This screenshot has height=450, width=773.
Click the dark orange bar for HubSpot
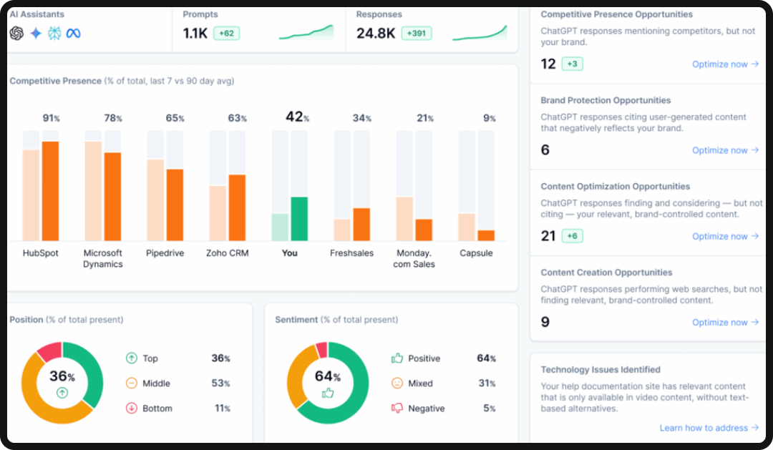[50, 191]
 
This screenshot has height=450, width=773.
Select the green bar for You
[299, 219]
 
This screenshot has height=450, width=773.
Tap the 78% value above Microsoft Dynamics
[113, 118]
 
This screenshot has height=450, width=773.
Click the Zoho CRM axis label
[227, 253]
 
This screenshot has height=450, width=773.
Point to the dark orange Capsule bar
[486, 235]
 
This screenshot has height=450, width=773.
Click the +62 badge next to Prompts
[225, 34]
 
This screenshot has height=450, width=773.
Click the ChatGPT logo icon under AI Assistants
[17, 34]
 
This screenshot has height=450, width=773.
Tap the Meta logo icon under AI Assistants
[73, 34]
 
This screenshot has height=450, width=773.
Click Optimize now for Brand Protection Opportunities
[724, 150]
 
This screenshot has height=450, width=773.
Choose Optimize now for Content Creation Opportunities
[724, 323]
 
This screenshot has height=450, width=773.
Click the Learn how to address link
[709, 428]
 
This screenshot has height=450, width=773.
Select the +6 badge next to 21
[572, 236]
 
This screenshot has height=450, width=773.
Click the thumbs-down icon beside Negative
[397, 409]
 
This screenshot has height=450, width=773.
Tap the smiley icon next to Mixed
[397, 383]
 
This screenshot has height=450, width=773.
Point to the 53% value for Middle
[220, 383]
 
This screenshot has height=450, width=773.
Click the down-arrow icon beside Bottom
[132, 409]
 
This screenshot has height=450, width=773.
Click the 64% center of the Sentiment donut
[327, 377]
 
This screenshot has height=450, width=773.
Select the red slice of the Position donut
[49, 351]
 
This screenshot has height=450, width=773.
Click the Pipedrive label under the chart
[165, 253]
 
